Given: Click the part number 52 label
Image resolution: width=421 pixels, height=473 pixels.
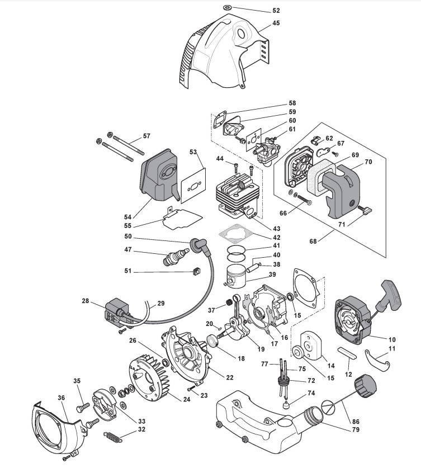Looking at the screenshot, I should pyautogui.click(x=276, y=11).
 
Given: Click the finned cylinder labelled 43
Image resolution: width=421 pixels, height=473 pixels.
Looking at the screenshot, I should pyautogui.click(x=236, y=195).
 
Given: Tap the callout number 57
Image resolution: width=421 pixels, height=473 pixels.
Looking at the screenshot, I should pyautogui.click(x=146, y=136).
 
